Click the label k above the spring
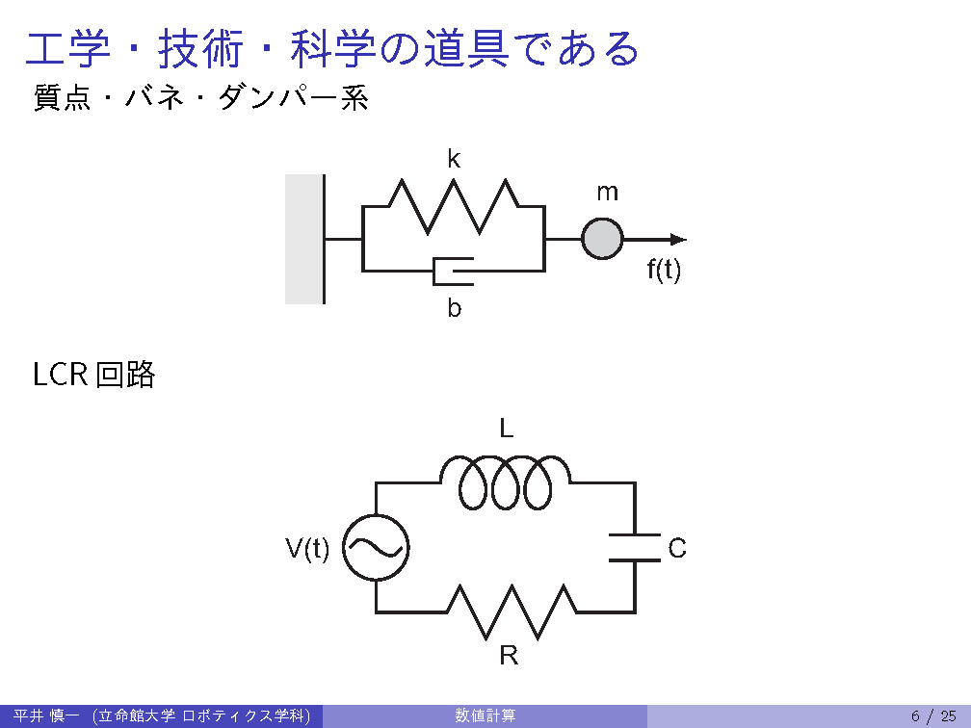coord(454,160)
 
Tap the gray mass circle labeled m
coord(602,239)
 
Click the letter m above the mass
coord(607,193)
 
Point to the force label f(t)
coord(663,271)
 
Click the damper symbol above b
coord(454,271)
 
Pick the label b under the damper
coord(454,309)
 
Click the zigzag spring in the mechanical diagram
coord(453,206)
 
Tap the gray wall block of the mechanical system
coord(303,239)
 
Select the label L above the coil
coord(506,429)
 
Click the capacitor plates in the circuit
coord(634,547)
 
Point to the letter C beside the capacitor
coord(677,549)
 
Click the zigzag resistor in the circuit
coord(511,611)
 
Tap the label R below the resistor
coord(509,657)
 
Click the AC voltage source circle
coord(376,548)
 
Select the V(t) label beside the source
coord(307,549)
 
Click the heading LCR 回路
coord(93,375)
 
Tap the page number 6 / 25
coord(932,715)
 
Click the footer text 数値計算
coord(485,715)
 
